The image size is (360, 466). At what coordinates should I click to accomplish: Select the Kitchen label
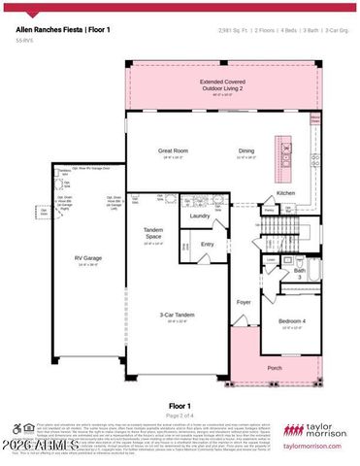point(285,193)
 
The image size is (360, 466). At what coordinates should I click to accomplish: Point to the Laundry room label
point(199,216)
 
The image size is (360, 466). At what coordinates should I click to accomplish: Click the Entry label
point(207,244)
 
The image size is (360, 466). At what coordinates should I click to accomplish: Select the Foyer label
point(244,302)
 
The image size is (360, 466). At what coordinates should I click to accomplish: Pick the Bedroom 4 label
point(291,321)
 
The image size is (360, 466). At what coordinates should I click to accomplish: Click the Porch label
point(275,367)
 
